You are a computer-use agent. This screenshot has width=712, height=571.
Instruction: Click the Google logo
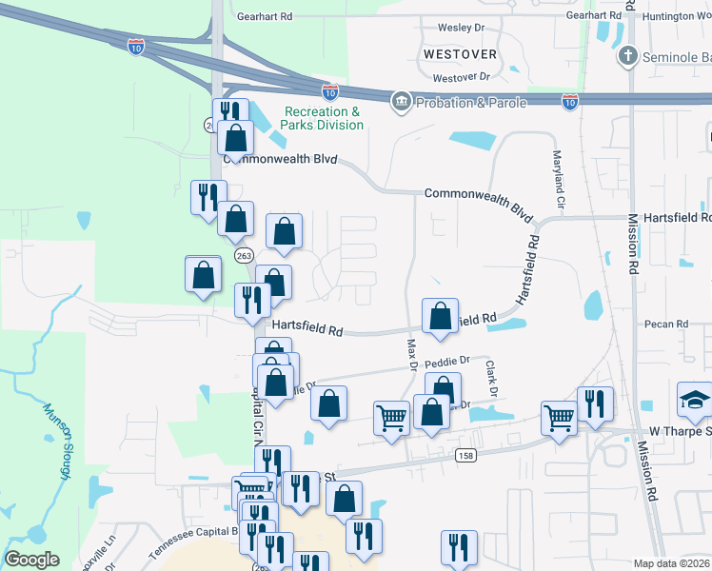[x=31, y=560]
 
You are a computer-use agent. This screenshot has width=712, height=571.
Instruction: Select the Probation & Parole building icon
[x=401, y=102]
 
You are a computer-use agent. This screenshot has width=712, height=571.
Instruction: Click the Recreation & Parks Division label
[x=323, y=118]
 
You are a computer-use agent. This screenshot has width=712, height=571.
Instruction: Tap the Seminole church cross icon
[x=626, y=57]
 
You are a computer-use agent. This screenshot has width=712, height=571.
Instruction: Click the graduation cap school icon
[x=694, y=401]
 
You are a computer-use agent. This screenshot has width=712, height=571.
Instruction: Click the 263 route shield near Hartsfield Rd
[x=243, y=255]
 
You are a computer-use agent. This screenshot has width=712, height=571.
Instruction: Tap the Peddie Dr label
[x=447, y=362]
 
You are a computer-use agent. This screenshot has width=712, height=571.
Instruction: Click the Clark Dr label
[x=491, y=378]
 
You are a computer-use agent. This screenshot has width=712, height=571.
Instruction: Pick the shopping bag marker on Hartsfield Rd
[x=440, y=317]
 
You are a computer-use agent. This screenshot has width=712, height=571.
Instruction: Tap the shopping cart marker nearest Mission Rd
[x=559, y=417]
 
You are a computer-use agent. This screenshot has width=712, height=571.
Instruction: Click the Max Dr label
[x=413, y=355]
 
